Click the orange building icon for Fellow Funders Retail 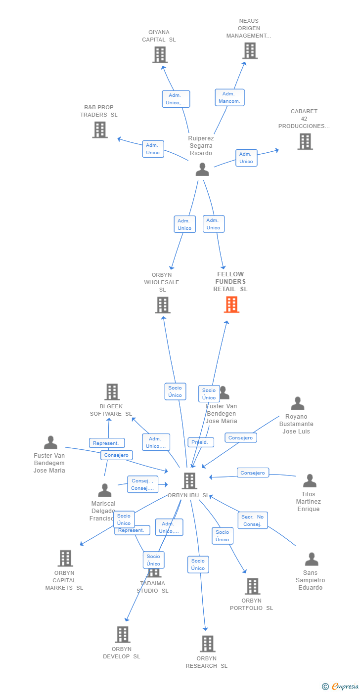[231, 304]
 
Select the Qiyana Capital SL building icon [160, 55]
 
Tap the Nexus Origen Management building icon [250, 50]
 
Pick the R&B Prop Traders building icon [100, 130]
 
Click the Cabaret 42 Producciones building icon [305, 141]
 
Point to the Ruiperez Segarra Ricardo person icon [202, 170]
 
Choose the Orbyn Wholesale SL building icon [163, 305]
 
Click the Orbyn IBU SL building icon [189, 480]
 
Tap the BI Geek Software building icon [112, 392]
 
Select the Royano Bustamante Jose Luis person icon [297, 404]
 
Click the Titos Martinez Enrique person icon [310, 481]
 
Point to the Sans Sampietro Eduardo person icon [312, 560]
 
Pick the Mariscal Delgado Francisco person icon [105, 490]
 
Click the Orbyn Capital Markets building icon [65, 559]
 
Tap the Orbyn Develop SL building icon [122, 635]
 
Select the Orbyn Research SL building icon [208, 644]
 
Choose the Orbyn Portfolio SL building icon [252, 586]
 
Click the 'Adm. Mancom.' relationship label [229, 97]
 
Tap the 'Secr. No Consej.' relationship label [252, 520]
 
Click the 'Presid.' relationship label [200, 442]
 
